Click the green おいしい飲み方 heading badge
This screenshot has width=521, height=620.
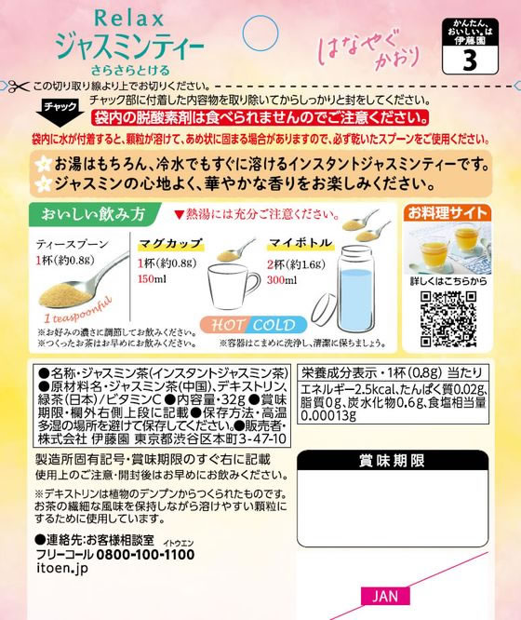click(88, 213)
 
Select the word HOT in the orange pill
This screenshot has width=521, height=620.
click(227, 325)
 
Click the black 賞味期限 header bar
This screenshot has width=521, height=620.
click(392, 461)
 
